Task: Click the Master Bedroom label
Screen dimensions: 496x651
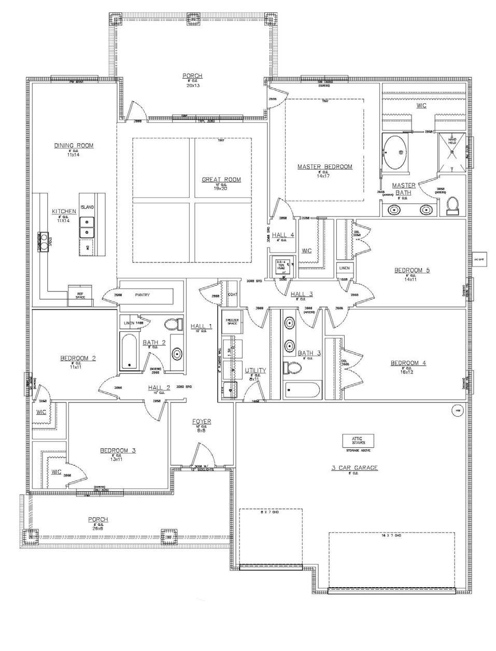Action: coord(324,167)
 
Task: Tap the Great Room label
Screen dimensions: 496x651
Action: coord(221,180)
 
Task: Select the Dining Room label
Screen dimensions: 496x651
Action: coord(74,146)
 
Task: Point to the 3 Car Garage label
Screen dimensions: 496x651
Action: coord(355,468)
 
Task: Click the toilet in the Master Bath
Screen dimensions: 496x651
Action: coord(451,205)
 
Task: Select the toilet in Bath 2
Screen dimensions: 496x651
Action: coord(172,325)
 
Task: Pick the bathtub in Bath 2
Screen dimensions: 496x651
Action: coord(129,352)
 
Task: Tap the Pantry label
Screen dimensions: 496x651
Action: coord(142,295)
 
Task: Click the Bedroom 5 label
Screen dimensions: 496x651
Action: coord(412,270)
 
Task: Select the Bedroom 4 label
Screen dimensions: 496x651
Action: coord(408,363)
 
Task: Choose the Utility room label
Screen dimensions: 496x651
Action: coord(255,370)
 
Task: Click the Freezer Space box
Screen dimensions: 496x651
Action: coord(232,321)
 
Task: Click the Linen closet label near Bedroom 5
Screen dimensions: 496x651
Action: coord(344,268)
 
